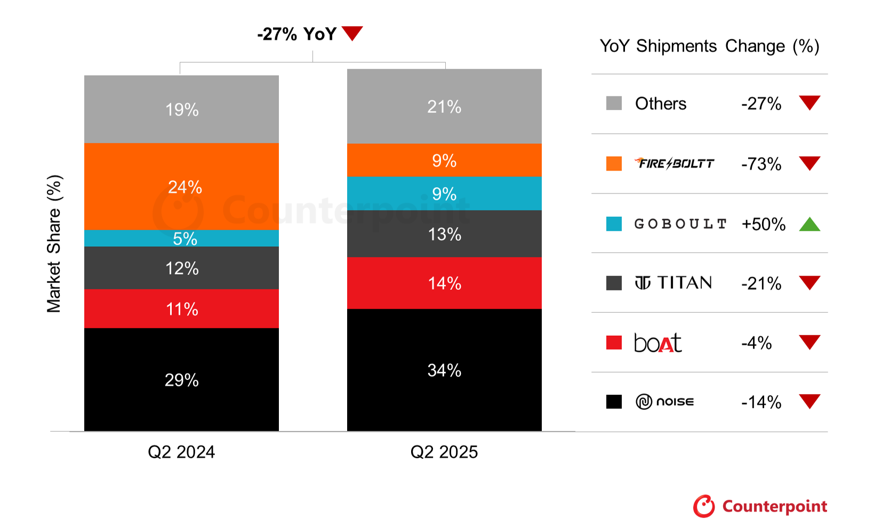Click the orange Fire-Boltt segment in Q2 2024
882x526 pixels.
click(181, 187)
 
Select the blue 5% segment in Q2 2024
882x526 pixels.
click(181, 238)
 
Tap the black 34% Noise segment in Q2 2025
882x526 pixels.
click(444, 370)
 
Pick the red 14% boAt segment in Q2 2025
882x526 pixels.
click(444, 283)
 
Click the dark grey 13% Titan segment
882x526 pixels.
click(444, 234)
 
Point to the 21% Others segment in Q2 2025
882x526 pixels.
click(444, 107)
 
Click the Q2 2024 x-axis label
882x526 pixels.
click(181, 452)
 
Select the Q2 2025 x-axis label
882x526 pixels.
click(444, 452)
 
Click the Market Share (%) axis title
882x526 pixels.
click(54, 244)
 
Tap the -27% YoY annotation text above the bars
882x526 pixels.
click(297, 34)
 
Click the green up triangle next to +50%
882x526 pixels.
click(809, 224)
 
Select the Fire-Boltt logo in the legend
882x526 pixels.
click(675, 163)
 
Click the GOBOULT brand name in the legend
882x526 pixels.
click(680, 224)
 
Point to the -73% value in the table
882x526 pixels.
click(761, 164)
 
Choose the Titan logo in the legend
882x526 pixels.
click(673, 282)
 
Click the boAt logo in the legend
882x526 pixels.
click(658, 343)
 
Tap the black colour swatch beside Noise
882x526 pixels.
click(614, 401)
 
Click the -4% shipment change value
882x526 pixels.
click(756, 343)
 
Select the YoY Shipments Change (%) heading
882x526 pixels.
click(709, 46)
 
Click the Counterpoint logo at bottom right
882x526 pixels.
click(760, 506)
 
